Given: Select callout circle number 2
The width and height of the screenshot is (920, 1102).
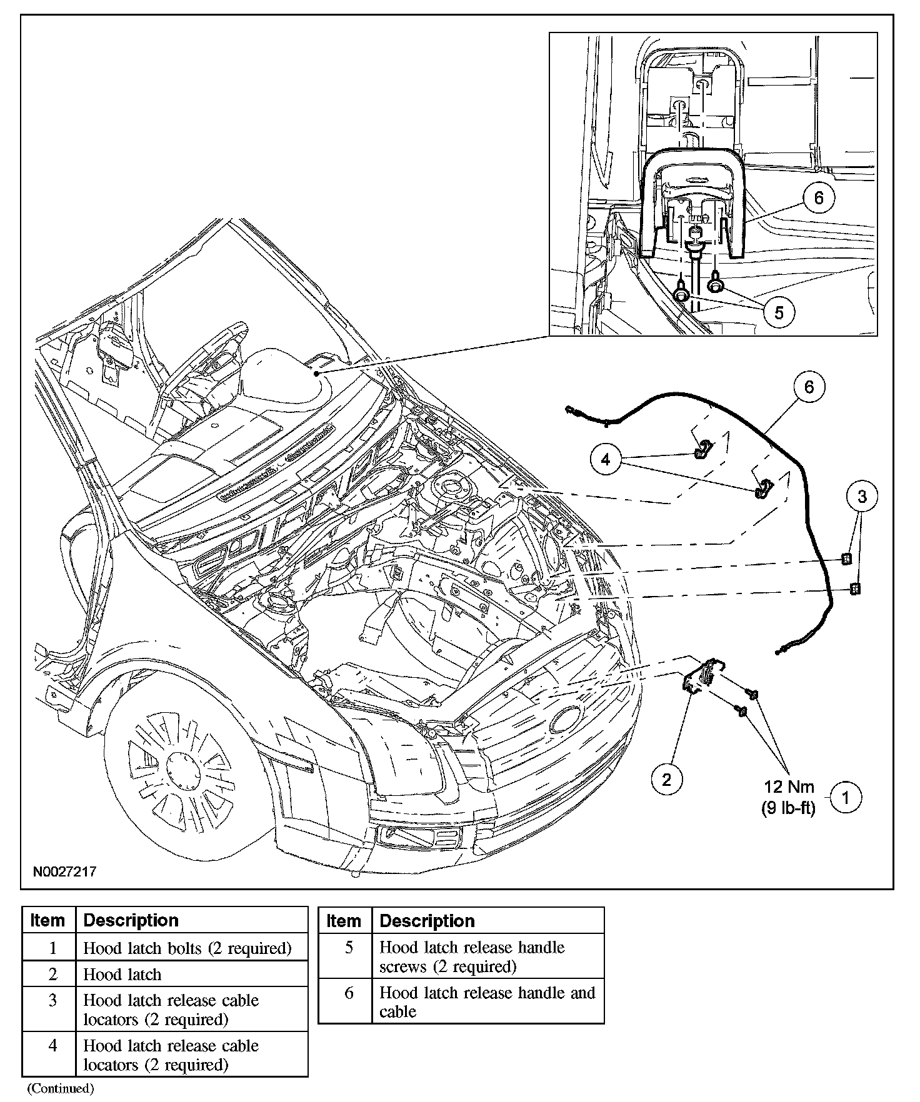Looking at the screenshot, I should coord(666,779).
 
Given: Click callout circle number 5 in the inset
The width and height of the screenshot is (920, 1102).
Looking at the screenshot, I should coord(779,312).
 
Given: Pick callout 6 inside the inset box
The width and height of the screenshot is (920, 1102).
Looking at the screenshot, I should coord(819,198).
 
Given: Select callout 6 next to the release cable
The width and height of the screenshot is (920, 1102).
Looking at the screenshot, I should coord(809,387).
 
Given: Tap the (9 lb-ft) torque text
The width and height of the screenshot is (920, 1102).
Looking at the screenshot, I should coord(788,808).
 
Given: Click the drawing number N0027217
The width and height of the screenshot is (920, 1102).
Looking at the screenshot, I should coord(65,871).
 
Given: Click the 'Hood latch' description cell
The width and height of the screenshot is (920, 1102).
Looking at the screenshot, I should coord(122,975).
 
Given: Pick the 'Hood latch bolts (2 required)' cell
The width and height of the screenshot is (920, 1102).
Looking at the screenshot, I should coord(187,948).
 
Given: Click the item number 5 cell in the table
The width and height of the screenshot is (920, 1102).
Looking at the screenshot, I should coord(349,948).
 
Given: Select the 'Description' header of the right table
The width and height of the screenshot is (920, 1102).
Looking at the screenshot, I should coord(427,921).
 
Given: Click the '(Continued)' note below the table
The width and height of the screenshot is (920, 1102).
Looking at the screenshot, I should coord(61,1089).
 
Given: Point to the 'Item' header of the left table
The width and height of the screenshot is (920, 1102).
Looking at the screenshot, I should coord(48,920).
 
